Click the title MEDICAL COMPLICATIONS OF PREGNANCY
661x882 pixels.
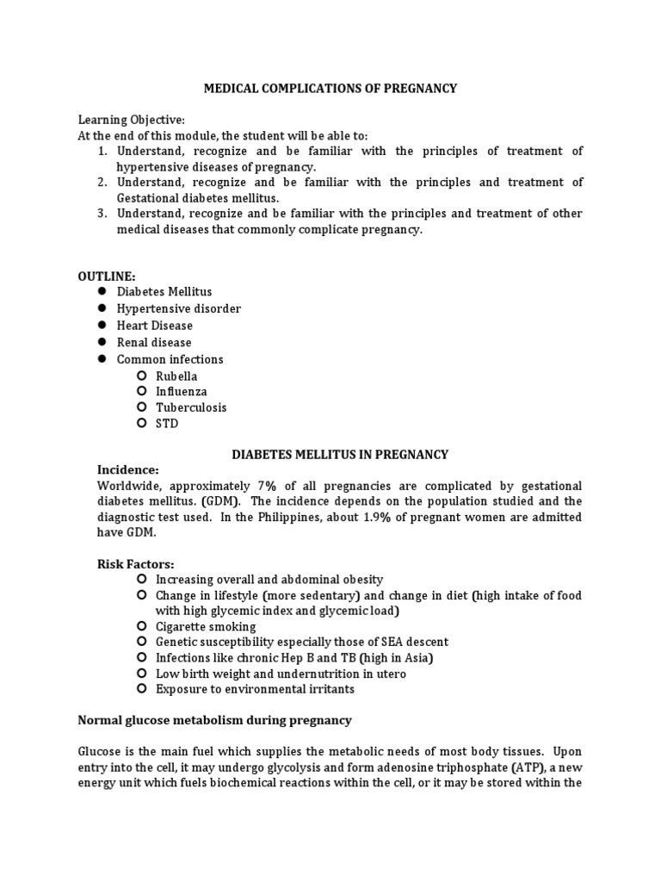[x=330, y=88]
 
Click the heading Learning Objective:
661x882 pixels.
[x=131, y=120]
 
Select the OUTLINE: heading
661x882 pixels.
[x=107, y=276]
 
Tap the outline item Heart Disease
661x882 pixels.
[x=155, y=326]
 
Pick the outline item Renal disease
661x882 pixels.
[x=154, y=343]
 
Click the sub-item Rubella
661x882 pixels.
[x=176, y=376]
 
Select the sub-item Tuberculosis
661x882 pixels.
[x=191, y=407]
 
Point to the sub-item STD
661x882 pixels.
[x=167, y=424]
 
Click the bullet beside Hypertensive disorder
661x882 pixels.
[x=101, y=308]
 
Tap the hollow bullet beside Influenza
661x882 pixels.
[x=141, y=392]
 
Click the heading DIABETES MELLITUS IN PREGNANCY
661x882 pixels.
[x=341, y=454]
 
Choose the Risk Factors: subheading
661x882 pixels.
[x=135, y=564]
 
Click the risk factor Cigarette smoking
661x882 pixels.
[x=206, y=626]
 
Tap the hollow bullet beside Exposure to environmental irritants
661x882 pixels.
[x=141, y=689]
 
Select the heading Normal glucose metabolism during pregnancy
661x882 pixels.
[x=215, y=719]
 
